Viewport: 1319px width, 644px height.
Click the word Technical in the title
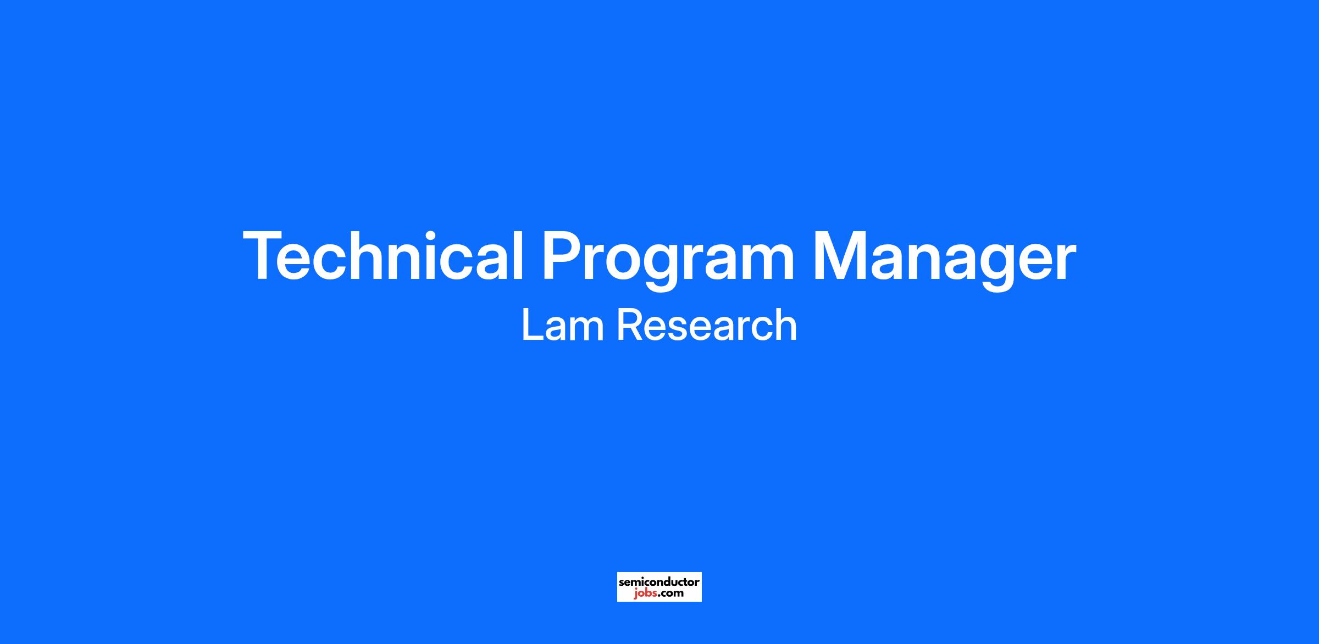point(383,256)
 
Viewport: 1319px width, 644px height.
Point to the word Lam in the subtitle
point(563,325)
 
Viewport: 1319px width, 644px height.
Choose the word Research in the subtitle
point(707,325)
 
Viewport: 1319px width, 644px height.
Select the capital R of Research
point(630,325)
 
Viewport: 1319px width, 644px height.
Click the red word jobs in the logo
point(645,593)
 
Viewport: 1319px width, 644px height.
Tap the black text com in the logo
point(672,593)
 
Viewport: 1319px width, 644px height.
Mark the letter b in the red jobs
point(647,592)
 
